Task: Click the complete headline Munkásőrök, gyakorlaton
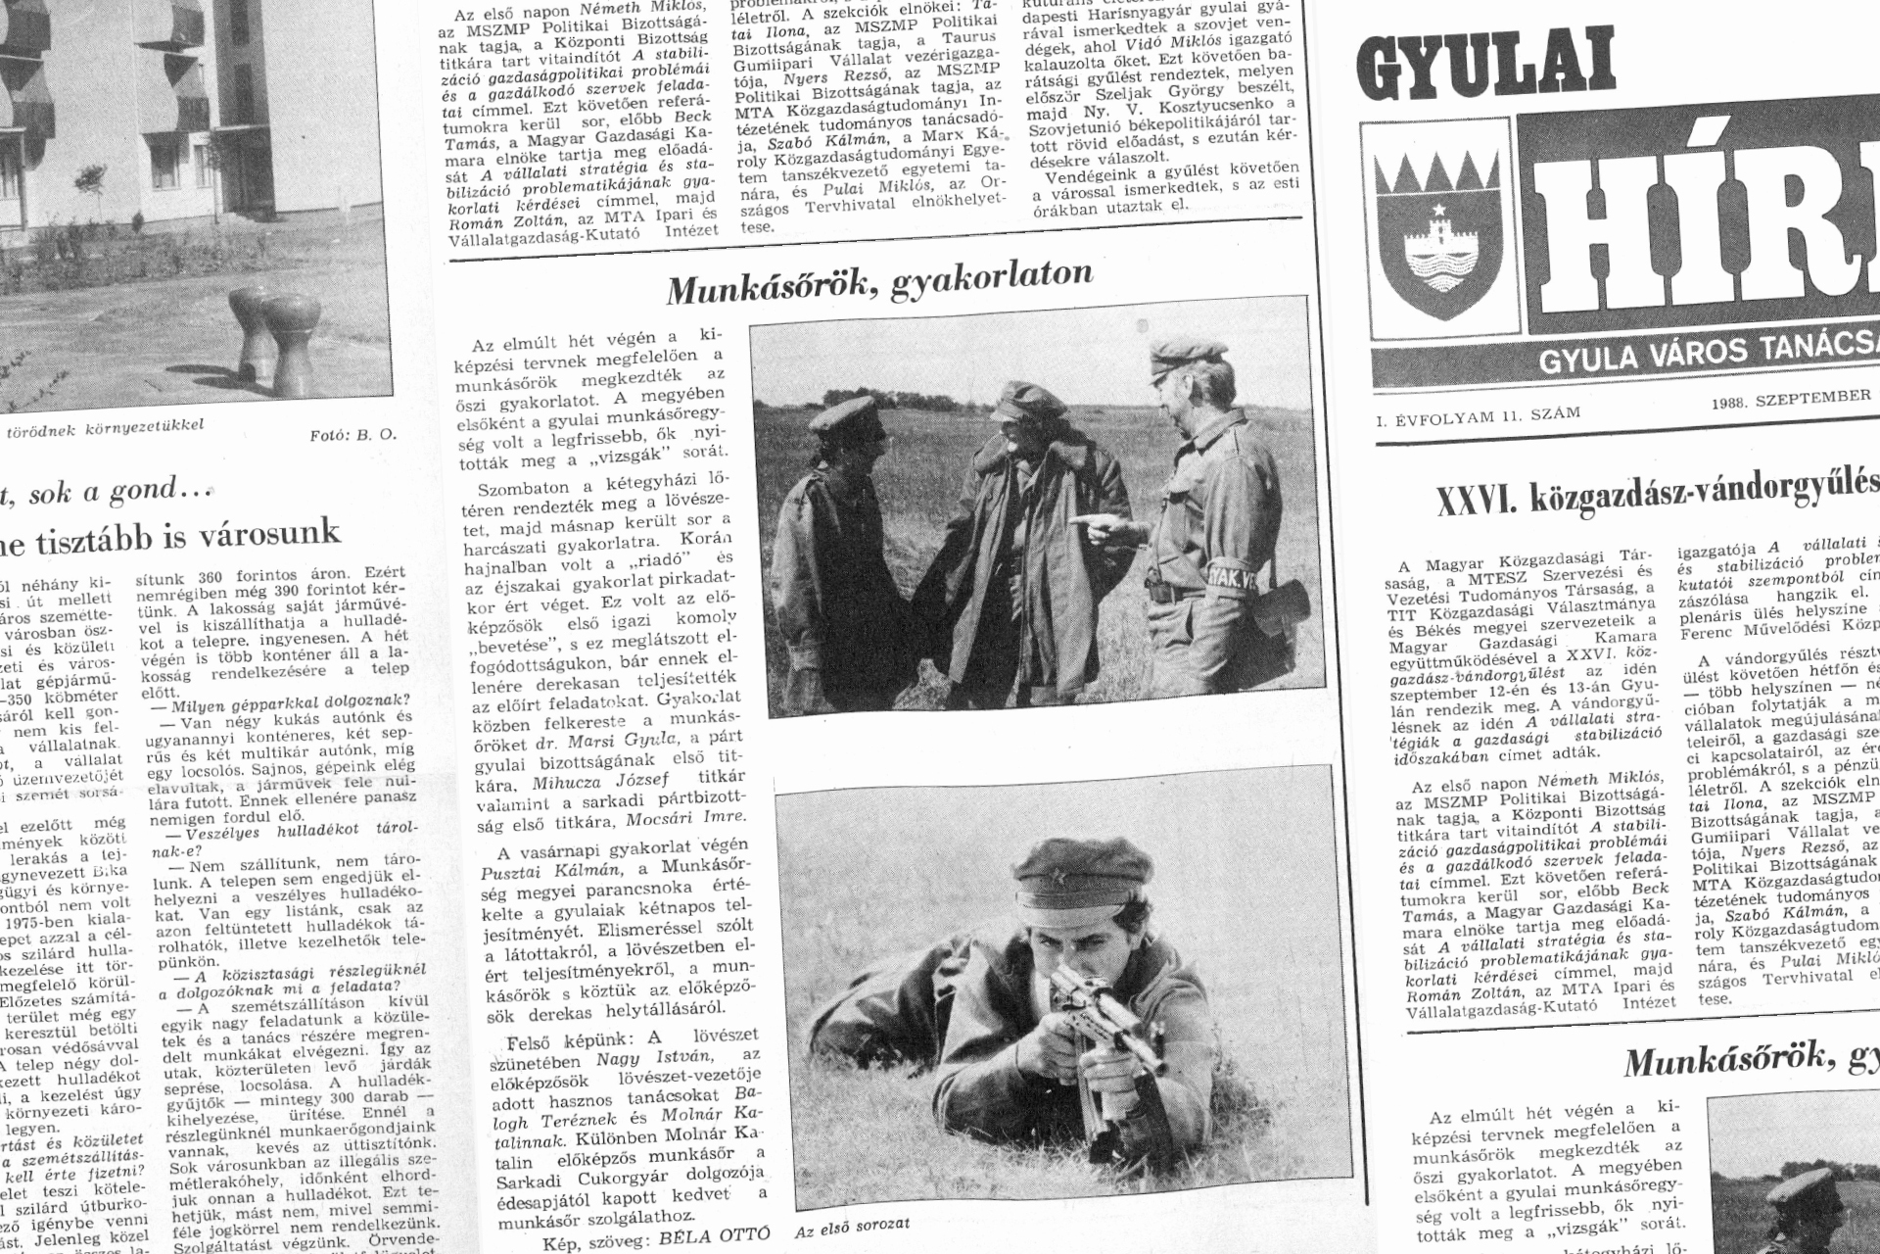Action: point(879,281)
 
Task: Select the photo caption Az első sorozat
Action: point(853,1225)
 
